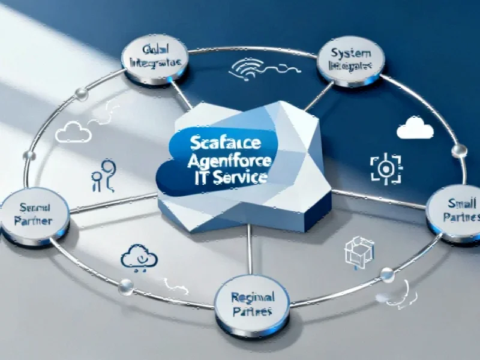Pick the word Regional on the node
click(253, 297)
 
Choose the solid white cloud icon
click(415, 128)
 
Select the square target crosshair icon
click(383, 168)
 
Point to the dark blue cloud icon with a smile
click(139, 257)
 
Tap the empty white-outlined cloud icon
click(73, 132)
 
